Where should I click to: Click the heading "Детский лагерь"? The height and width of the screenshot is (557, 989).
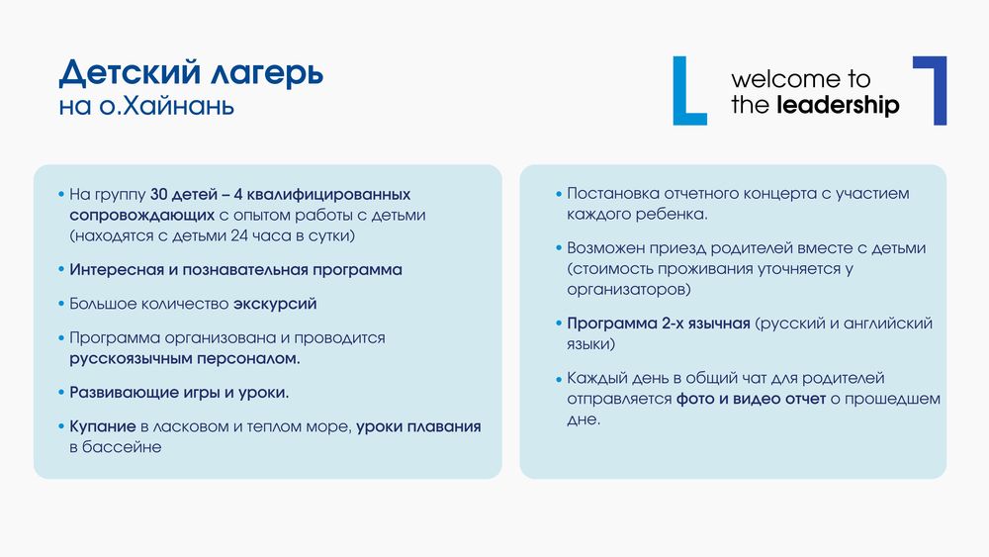191,72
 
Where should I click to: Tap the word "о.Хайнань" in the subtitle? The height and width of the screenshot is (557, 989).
166,105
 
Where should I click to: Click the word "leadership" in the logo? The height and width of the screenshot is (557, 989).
838,105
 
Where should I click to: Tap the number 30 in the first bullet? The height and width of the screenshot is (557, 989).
159,194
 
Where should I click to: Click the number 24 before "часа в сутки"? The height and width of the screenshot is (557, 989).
239,235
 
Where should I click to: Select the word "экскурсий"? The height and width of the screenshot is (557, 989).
275,304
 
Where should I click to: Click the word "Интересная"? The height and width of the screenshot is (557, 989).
117,270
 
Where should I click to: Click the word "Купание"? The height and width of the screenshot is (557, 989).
103,426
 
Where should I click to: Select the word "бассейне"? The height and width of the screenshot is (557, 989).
122,447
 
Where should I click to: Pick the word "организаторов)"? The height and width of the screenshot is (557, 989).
629,290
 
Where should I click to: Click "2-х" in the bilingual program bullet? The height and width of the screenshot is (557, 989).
674,324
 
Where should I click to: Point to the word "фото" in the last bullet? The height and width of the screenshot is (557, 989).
694,400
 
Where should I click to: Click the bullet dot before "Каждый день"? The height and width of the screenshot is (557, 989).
559,379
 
